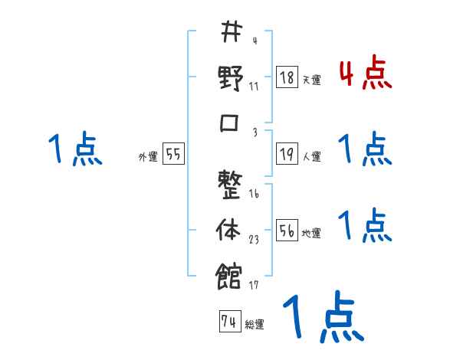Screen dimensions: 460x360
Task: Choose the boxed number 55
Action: [x=174, y=155]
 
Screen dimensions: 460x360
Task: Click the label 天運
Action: [x=311, y=80]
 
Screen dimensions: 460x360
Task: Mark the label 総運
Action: [x=255, y=325]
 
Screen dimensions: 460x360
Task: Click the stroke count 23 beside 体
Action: [x=253, y=240]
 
